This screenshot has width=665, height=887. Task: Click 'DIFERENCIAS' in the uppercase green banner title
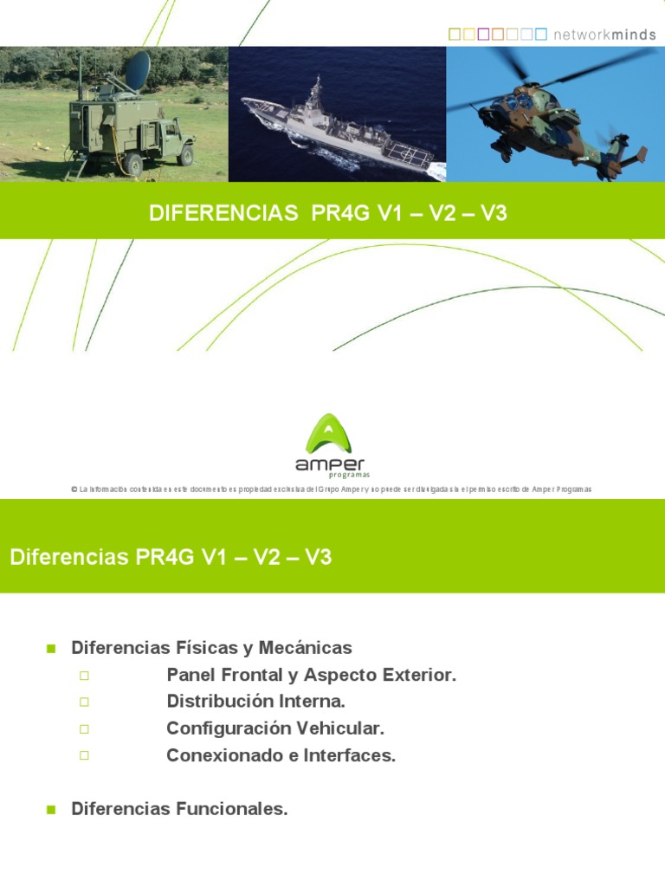(223, 214)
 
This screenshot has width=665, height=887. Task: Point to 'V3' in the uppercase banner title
(494, 214)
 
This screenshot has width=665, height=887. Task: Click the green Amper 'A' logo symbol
(332, 432)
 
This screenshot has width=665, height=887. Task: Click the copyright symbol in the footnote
(74, 489)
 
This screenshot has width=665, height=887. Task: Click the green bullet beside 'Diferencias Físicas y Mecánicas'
(50, 648)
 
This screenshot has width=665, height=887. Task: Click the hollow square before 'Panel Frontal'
(84, 676)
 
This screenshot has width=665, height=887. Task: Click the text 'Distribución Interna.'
(255, 702)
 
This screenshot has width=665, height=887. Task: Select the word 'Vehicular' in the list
(340, 728)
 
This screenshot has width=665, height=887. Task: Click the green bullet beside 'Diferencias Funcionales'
(50, 809)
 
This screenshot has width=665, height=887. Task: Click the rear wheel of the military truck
(132, 163)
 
